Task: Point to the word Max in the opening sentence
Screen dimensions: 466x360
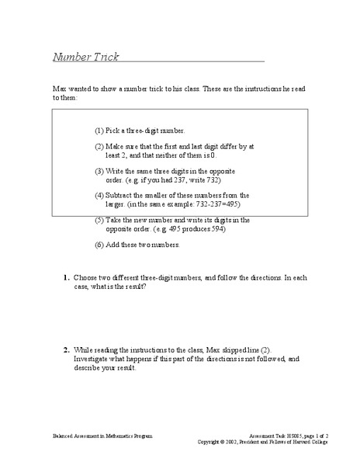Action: (x=59, y=91)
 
